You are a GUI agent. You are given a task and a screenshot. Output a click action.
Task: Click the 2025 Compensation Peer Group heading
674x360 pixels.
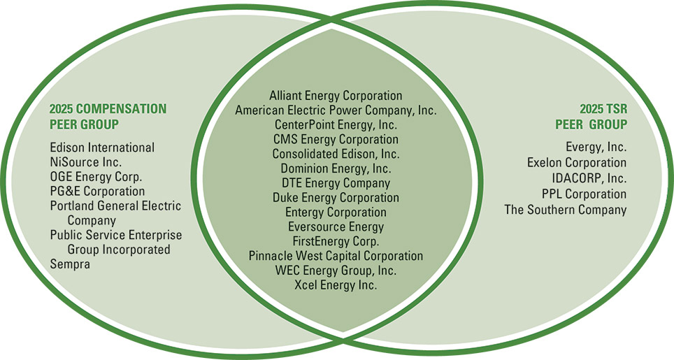pos(108,117)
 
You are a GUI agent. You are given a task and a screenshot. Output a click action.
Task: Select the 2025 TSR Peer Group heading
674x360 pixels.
pos(591,117)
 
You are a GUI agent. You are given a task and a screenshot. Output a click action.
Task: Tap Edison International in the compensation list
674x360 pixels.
pos(102,147)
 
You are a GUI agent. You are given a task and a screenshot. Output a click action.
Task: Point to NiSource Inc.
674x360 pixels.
pos(86,162)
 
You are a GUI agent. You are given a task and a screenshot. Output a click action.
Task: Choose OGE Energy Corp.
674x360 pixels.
pos(96,177)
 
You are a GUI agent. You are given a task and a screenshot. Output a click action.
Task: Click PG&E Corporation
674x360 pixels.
pos(97,191)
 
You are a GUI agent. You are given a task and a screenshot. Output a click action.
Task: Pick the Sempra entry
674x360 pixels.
pos(70,264)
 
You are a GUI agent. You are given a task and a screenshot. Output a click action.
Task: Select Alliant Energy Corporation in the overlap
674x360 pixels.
pos(336,95)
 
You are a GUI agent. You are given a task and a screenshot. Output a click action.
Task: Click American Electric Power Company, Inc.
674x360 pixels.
pos(336,110)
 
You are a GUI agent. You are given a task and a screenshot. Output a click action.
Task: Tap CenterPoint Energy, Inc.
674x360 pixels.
pos(336,124)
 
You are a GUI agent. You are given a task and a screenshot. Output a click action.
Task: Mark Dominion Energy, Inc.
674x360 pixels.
pos(336,168)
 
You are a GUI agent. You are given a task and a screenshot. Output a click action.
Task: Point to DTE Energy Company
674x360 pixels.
pos(336,183)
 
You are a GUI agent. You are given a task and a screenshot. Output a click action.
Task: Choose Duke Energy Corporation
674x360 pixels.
pos(336,198)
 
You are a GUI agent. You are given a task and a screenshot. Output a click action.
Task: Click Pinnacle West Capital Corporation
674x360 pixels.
pos(336,256)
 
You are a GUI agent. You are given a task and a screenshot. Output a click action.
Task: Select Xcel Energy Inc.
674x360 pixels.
pos(336,285)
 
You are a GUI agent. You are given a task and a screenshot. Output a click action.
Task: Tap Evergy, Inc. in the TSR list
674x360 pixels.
pos(596,147)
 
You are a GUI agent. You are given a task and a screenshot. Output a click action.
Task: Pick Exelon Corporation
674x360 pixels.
pos(577,162)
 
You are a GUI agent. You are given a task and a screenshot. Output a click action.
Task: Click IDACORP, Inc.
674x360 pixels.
pos(589,178)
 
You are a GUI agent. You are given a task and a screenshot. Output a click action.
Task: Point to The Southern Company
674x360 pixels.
pos(566,210)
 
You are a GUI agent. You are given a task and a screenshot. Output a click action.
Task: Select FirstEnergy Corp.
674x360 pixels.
pos(336,241)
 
